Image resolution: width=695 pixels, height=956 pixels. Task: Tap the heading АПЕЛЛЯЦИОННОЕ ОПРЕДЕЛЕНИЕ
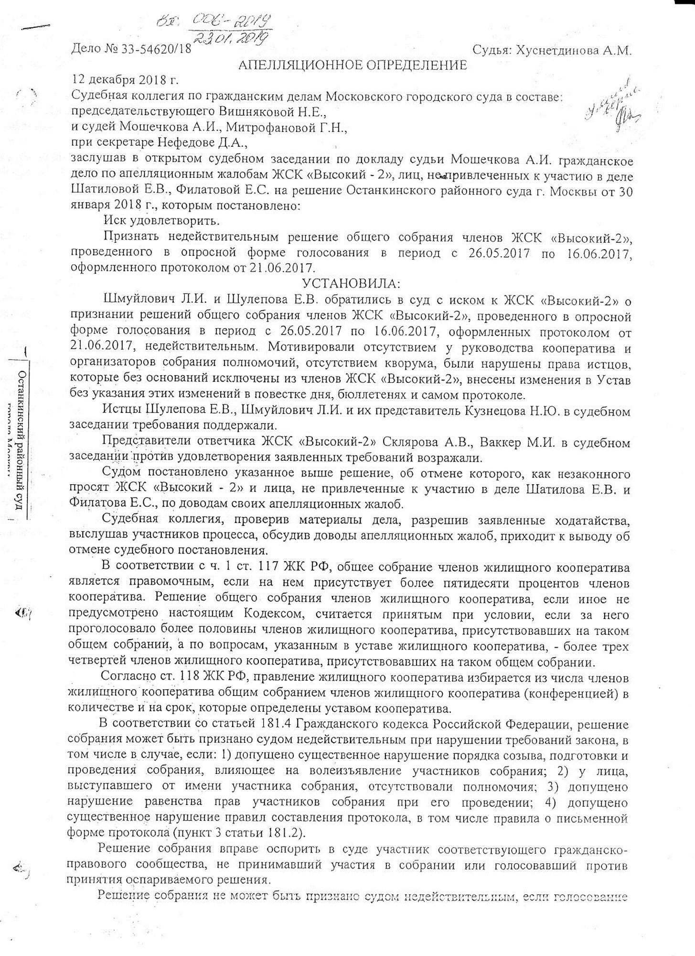(x=353, y=65)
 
